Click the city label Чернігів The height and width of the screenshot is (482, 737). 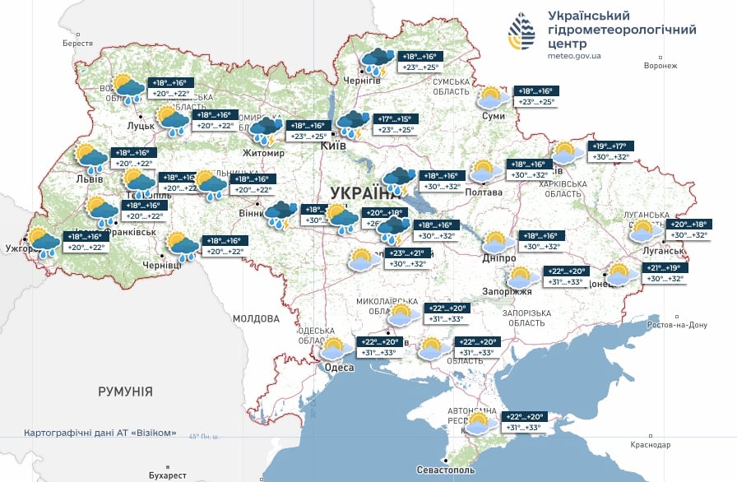(x=364, y=81)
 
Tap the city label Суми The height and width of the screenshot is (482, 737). (x=493, y=117)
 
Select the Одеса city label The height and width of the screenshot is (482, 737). (x=340, y=368)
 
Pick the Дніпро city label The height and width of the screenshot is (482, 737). (x=499, y=257)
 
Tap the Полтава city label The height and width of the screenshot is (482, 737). (x=484, y=192)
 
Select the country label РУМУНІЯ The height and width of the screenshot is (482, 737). (x=125, y=392)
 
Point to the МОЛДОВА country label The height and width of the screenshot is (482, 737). (x=256, y=318)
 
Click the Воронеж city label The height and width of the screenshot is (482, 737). (x=661, y=66)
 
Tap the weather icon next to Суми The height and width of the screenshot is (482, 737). (x=492, y=98)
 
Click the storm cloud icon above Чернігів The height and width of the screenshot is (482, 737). (x=378, y=61)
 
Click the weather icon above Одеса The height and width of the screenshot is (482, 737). (x=333, y=348)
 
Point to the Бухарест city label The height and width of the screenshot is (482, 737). (x=164, y=475)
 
